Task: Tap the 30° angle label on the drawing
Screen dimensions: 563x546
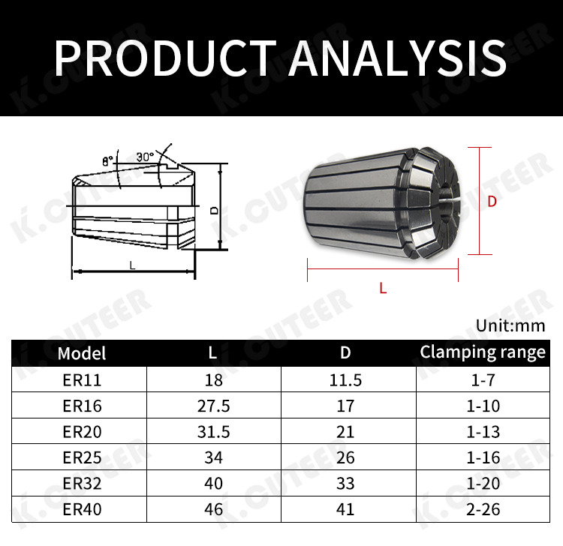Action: point(145,157)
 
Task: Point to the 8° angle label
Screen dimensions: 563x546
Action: point(107,161)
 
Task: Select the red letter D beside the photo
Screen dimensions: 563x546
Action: point(492,202)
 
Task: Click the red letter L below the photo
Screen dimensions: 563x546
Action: point(383,288)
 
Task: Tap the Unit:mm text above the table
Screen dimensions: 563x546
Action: point(510,325)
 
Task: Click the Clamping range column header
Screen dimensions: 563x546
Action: point(483,352)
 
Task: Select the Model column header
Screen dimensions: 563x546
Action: point(82,353)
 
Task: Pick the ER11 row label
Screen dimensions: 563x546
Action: point(82,380)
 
